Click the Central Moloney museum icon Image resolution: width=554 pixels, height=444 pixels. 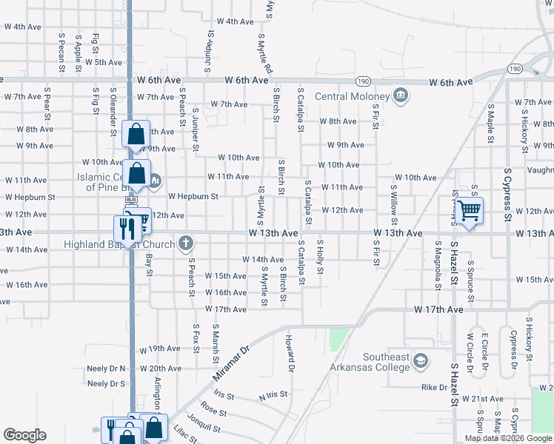click(401, 96)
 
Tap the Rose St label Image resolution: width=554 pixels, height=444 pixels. click(213, 411)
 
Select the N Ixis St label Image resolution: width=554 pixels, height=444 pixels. click(272, 397)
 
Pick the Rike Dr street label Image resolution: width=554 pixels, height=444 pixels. click(434, 387)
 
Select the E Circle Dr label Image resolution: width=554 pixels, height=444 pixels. click(485, 351)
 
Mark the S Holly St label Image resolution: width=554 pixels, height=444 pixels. click(321, 256)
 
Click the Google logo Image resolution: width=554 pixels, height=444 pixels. click(24, 435)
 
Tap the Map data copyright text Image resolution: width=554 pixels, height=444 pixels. click(508, 438)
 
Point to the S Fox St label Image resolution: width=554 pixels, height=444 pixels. click(196, 336)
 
